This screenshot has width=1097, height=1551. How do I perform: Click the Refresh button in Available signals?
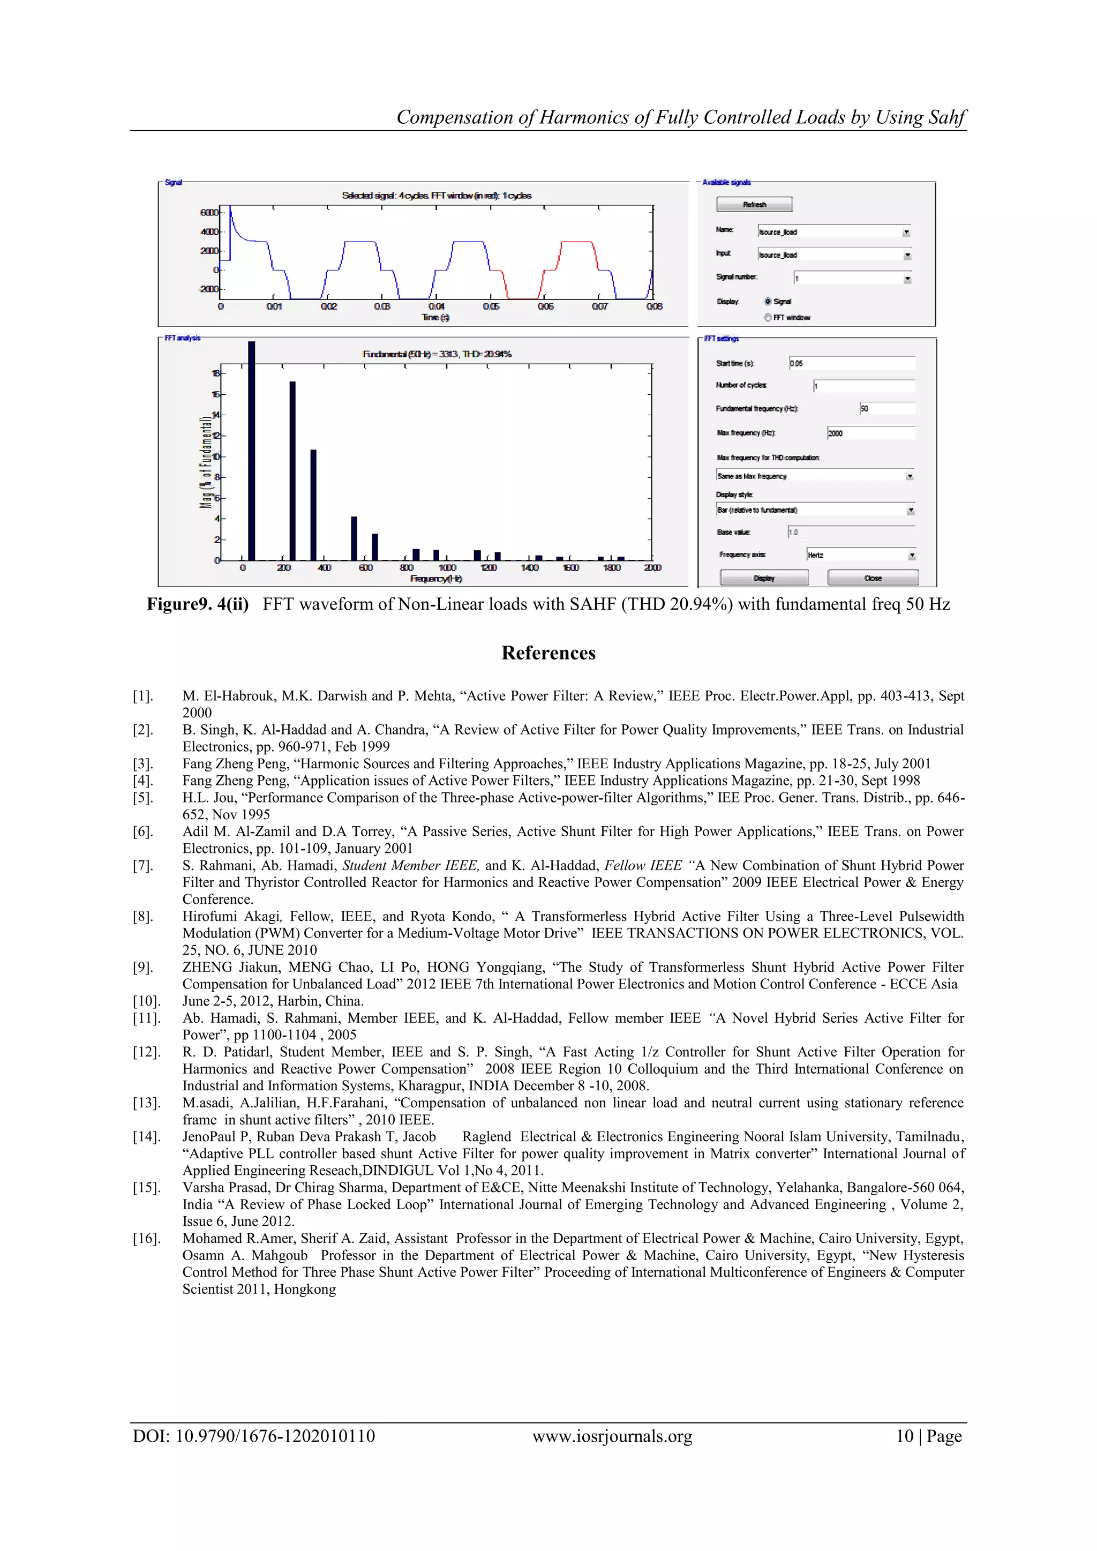click(x=754, y=205)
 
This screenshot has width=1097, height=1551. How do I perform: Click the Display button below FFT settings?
click(x=764, y=578)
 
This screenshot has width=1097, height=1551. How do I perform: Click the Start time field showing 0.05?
click(x=851, y=363)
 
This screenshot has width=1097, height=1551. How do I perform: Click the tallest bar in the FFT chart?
click(x=251, y=451)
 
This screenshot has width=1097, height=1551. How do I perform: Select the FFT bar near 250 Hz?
click(x=292, y=471)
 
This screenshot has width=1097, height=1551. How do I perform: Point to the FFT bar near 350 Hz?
click(x=313, y=505)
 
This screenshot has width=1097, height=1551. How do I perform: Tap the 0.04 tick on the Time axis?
click(x=437, y=306)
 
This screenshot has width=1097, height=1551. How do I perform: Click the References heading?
click(x=548, y=653)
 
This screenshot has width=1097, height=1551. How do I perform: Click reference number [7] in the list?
click(x=142, y=866)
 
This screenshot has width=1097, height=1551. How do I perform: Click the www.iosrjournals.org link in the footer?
click(x=612, y=1436)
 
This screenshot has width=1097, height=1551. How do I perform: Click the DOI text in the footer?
click(x=253, y=1436)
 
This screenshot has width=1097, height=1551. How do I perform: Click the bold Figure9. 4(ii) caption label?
click(x=197, y=604)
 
